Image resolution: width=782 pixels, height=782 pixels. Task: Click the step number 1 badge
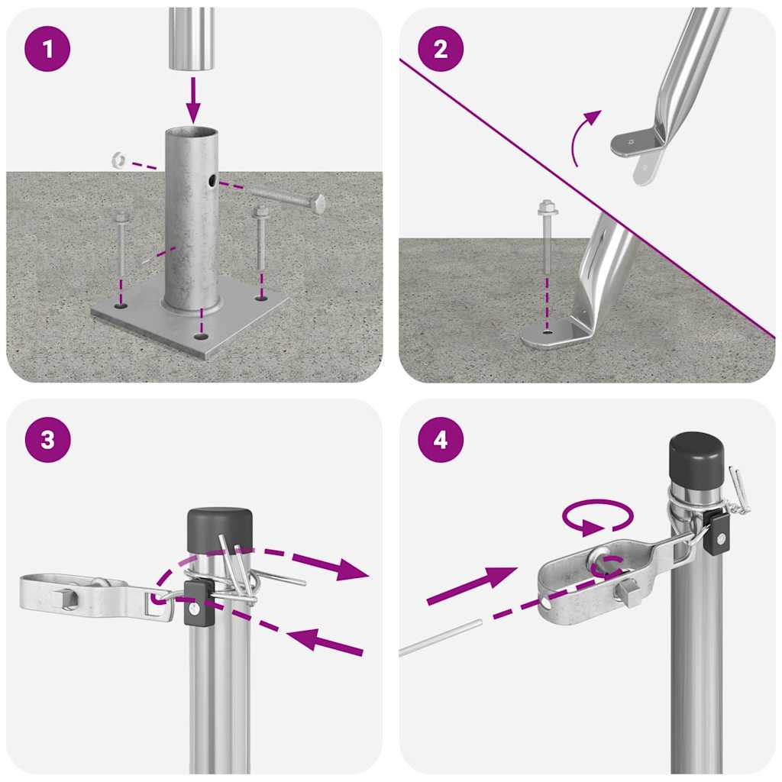coord(47,50)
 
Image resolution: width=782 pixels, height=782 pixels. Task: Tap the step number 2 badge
coord(440,50)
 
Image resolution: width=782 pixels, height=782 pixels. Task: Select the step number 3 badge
coord(47,440)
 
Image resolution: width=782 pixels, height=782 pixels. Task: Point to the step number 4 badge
coord(440,440)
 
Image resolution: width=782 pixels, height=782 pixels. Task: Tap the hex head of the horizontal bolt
coord(318,204)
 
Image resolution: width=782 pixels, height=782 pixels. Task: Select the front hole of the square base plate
coord(200,336)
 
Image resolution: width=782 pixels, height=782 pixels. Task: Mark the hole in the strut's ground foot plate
coord(545,332)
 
